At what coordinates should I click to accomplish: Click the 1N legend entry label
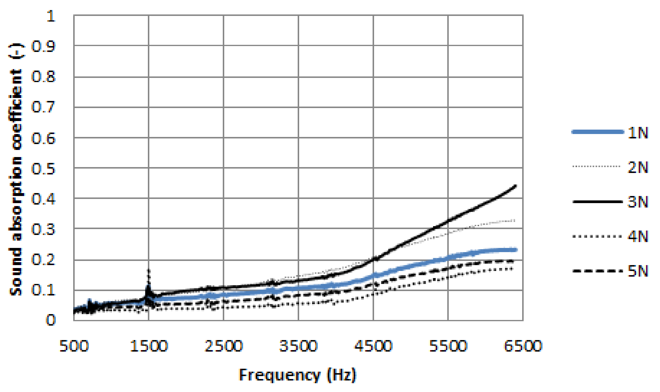coord(637,133)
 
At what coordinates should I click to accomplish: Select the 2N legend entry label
coord(637,167)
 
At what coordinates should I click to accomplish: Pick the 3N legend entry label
coord(637,202)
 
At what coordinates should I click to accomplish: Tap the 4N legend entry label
coord(637,236)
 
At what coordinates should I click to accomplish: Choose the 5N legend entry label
coord(637,271)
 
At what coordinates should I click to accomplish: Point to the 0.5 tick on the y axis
coord(44,169)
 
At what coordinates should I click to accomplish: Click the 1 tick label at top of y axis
coord(51,16)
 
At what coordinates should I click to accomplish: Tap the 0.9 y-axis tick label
coord(44,47)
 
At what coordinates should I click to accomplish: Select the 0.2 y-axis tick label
coord(44,260)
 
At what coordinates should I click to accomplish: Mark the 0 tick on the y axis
coord(51,320)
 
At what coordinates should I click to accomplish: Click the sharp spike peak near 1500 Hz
coord(149,270)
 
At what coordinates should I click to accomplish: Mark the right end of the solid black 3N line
coord(515,186)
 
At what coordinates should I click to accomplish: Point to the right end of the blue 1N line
coord(516,250)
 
